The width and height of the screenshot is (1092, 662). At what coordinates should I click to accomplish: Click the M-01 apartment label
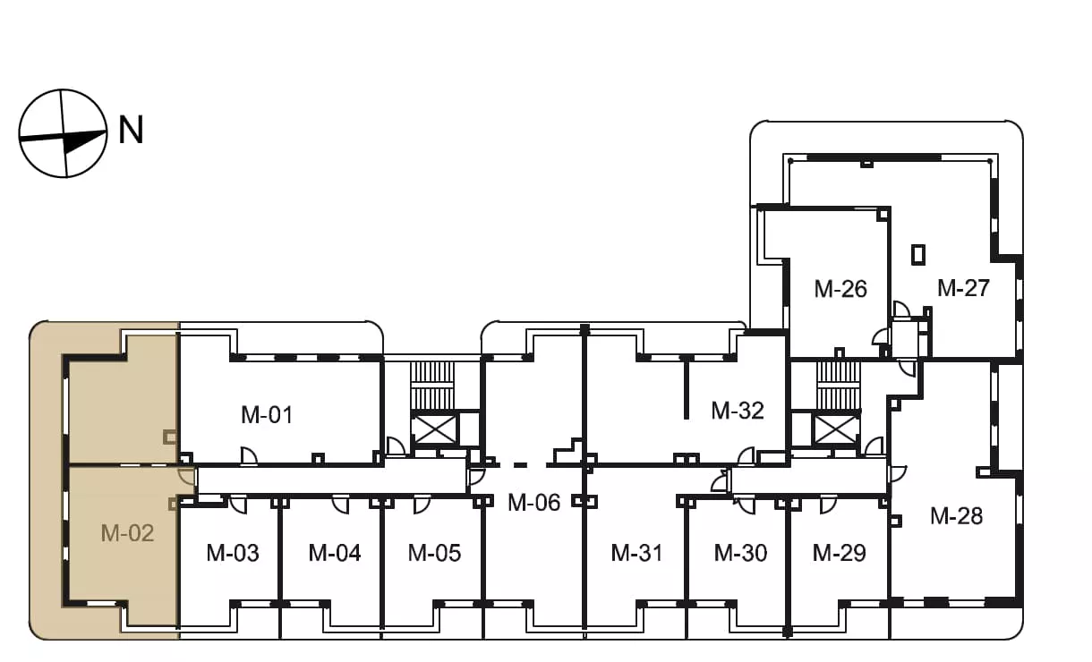coord(267,415)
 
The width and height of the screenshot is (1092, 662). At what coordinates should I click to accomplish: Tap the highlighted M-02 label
coord(127,533)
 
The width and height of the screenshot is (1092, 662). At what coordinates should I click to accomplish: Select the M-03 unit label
coord(233,553)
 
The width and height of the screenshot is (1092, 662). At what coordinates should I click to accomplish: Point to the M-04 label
coord(335,553)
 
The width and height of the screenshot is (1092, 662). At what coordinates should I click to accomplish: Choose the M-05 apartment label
coord(434,553)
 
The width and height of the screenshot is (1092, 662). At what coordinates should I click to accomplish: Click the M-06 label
coord(533,502)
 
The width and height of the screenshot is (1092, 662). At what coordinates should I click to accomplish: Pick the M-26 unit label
coord(840,289)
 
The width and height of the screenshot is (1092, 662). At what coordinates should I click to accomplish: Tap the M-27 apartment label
coord(963,288)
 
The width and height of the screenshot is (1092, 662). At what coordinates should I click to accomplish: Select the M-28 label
coord(956,516)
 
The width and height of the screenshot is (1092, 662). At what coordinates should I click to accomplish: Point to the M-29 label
coord(839,553)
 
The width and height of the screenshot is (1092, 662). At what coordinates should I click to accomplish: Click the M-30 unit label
coord(740,553)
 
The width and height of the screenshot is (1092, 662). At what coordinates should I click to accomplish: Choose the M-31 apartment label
coord(637,553)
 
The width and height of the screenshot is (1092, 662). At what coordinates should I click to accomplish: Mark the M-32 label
coord(738,411)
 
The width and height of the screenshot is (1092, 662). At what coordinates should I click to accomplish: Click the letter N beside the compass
coord(132,130)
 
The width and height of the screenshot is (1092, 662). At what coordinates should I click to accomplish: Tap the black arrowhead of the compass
coord(85,140)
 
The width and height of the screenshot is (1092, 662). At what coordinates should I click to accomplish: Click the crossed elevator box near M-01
coord(434,429)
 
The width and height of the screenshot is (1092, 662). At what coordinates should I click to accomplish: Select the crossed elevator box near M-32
coord(837,429)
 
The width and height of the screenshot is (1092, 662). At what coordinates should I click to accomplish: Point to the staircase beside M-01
coord(432,386)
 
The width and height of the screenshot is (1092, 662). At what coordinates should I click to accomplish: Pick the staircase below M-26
coord(838,386)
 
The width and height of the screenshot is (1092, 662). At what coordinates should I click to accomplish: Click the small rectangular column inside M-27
coord(918,255)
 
